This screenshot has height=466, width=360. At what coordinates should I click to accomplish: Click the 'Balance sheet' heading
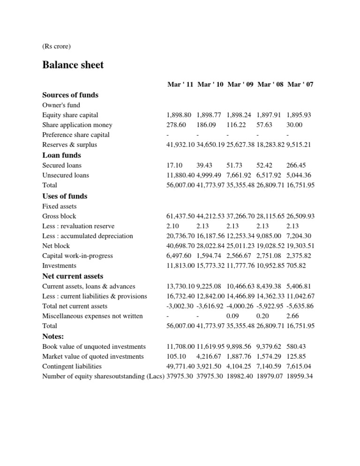pos(73,65)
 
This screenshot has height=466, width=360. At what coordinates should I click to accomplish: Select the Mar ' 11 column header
pos(180,84)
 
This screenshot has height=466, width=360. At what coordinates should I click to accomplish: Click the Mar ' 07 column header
pos(300,84)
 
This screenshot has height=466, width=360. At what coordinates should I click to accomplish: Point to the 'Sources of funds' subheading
pos(70,95)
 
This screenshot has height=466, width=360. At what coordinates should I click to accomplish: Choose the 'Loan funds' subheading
pos(61,155)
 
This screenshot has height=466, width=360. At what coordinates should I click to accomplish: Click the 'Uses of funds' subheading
pos(65,196)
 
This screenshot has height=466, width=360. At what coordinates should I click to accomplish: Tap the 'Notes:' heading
pos(53,336)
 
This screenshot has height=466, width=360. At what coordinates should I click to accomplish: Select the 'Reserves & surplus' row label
pos(69,145)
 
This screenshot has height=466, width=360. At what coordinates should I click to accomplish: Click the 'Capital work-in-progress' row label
pos(77,256)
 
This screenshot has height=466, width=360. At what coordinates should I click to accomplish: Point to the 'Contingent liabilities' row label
pos(72,367)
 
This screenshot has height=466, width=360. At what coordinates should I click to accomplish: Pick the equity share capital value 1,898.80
pos(180,115)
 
